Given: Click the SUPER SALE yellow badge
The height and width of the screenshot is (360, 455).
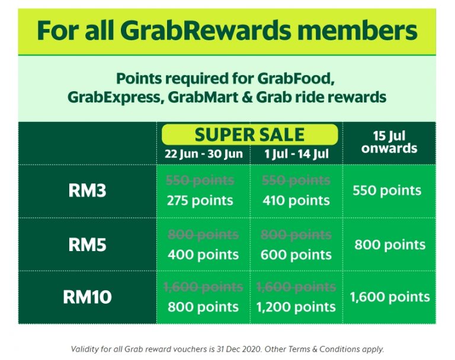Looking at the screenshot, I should pyautogui.click(x=249, y=134).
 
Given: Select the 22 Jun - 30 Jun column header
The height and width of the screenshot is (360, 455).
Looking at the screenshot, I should pyautogui.click(x=203, y=155).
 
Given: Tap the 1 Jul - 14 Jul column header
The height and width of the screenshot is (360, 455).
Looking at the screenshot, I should pyautogui.click(x=296, y=155).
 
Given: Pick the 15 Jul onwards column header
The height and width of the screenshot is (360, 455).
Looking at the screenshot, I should pyautogui.click(x=389, y=142).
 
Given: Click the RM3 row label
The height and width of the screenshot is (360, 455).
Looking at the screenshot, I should pyautogui.click(x=87, y=191).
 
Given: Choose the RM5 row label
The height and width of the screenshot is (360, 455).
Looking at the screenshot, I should pyautogui.click(x=87, y=245).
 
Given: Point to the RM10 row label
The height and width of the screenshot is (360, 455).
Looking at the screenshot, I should pyautogui.click(x=87, y=297).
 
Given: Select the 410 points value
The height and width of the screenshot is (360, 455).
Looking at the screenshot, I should pyautogui.click(x=296, y=200).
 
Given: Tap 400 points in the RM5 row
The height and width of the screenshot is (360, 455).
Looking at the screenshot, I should pyautogui.click(x=203, y=255).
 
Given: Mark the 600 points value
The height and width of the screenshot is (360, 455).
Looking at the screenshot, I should pyautogui.click(x=296, y=255).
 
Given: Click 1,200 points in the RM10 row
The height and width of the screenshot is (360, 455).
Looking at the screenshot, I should pyautogui.click(x=296, y=307).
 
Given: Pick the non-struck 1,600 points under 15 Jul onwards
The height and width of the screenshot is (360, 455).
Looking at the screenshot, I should pyautogui.click(x=390, y=297).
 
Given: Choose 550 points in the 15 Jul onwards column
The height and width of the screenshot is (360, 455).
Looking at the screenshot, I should pyautogui.click(x=387, y=191).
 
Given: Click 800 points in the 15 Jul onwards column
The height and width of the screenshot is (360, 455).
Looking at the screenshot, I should pyautogui.click(x=390, y=245).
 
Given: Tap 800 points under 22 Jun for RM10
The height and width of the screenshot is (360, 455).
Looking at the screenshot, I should pyautogui.click(x=203, y=307).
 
